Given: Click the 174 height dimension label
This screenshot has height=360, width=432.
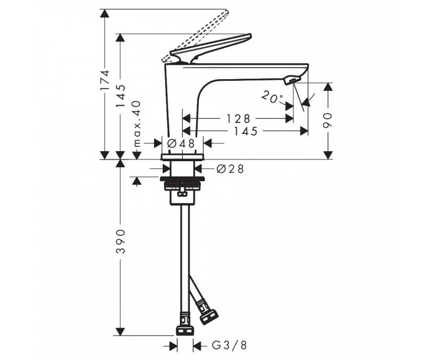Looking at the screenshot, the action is click(x=105, y=80).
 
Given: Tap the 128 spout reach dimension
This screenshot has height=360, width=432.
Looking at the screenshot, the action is click(x=238, y=119).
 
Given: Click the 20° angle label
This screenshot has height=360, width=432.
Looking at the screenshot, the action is click(x=272, y=97).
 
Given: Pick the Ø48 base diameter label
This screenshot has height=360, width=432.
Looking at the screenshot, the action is click(x=181, y=143).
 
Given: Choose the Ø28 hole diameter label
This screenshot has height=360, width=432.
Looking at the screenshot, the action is click(x=230, y=169).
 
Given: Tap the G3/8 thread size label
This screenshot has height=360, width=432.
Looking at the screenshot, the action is click(x=229, y=345).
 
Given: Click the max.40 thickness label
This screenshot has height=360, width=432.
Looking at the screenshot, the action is click(x=137, y=124).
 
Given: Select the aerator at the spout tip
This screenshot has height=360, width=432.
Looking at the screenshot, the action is click(x=291, y=80).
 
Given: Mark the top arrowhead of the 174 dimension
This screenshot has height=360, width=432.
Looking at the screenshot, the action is click(x=105, y=13).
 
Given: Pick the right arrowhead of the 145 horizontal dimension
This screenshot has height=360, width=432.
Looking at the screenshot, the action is click(x=304, y=131).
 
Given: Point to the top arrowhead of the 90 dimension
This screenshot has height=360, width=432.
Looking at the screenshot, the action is click(x=327, y=87).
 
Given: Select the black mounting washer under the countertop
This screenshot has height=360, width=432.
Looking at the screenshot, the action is click(x=183, y=178).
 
